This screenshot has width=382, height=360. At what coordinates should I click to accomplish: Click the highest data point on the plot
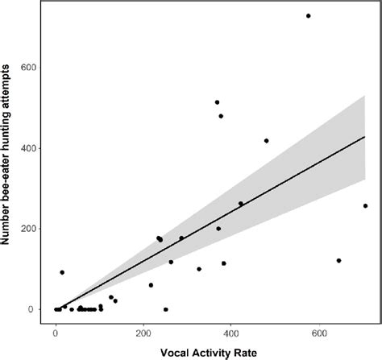click(308, 16)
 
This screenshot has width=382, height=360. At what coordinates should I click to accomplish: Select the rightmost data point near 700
click(365, 205)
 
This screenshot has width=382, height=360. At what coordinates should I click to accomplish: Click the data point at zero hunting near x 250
click(166, 309)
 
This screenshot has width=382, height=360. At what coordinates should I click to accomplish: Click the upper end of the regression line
click(365, 137)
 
